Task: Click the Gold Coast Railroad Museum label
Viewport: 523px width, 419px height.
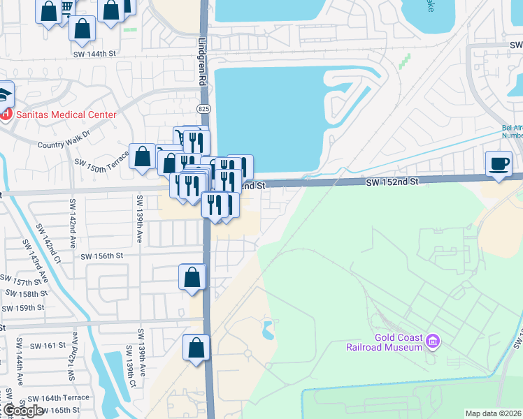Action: pyautogui.click(x=385, y=341)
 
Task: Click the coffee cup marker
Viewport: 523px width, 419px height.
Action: pyautogui.click(x=499, y=164)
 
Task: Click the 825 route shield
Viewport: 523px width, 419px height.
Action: pyautogui.click(x=203, y=109)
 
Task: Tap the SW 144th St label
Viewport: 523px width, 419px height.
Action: pyautogui.click(x=94, y=52)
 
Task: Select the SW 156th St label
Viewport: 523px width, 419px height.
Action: pyautogui.click(x=103, y=256)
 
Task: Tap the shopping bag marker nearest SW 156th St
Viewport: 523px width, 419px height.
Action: pyautogui.click(x=192, y=277)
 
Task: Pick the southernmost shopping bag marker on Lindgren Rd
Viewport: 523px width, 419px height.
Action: pyautogui.click(x=196, y=348)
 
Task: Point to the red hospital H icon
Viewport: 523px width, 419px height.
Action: pyautogui.click(x=6, y=114)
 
